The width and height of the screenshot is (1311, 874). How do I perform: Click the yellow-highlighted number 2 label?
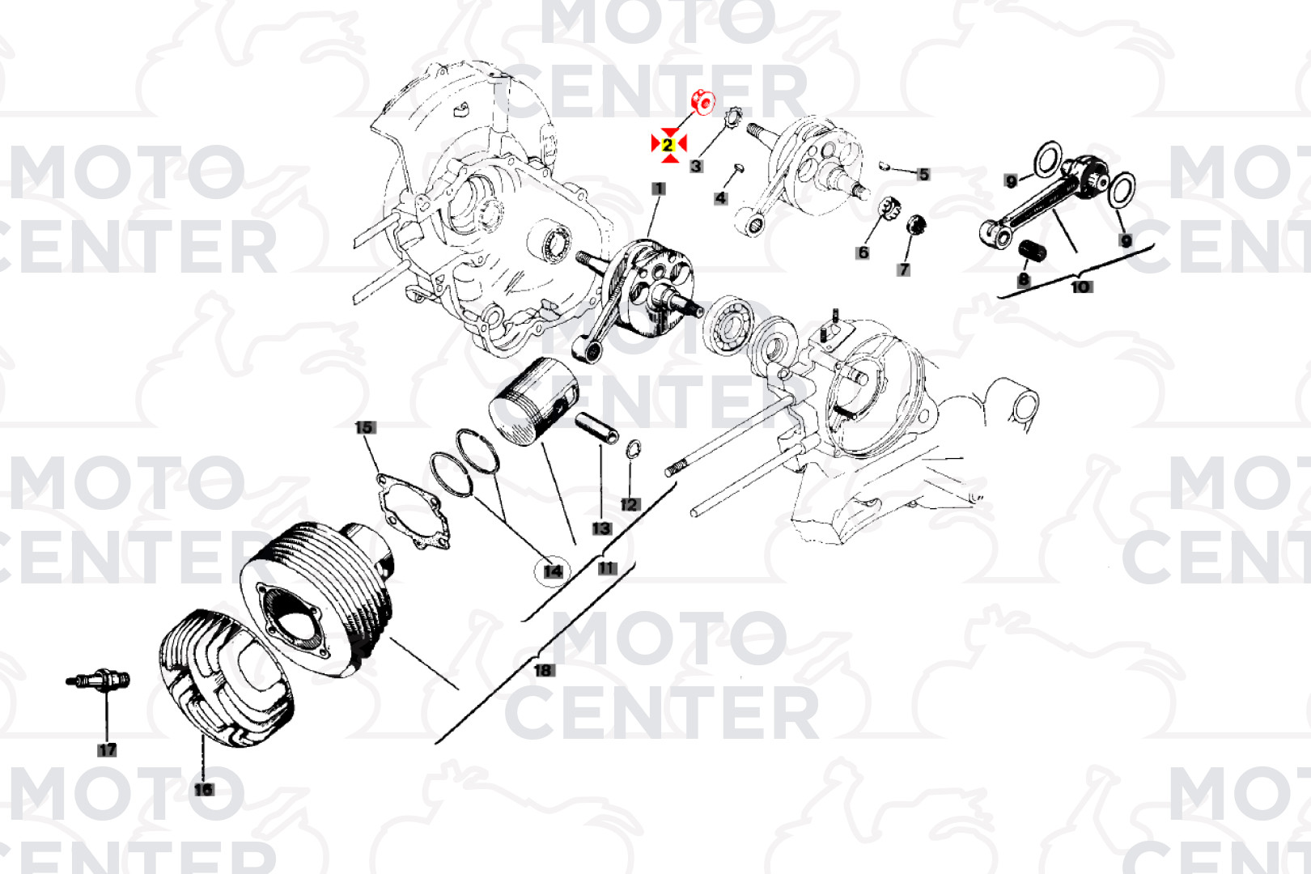668,145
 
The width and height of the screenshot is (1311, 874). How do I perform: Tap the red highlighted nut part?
703,103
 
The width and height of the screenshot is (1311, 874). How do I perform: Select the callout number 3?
696,166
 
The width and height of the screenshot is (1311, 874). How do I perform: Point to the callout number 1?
659,189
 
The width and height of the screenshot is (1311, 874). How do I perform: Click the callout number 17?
107,750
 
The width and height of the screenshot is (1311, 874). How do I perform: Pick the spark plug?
99,681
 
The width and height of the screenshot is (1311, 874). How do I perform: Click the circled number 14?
553,571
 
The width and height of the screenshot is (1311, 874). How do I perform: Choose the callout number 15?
365,428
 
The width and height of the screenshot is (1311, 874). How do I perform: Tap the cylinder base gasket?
414,511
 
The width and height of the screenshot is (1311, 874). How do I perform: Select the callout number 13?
601,528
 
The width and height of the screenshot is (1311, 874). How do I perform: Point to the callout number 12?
630,505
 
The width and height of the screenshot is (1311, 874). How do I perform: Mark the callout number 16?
204,790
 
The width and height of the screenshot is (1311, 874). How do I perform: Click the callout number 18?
544,670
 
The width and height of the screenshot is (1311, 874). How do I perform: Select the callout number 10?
1080,287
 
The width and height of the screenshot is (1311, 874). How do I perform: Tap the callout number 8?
1024,280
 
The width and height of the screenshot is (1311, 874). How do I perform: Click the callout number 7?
904,269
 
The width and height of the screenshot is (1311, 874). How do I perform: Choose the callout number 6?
863,252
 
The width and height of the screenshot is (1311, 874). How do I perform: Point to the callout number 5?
923,175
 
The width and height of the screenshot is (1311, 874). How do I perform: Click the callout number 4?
720,198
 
